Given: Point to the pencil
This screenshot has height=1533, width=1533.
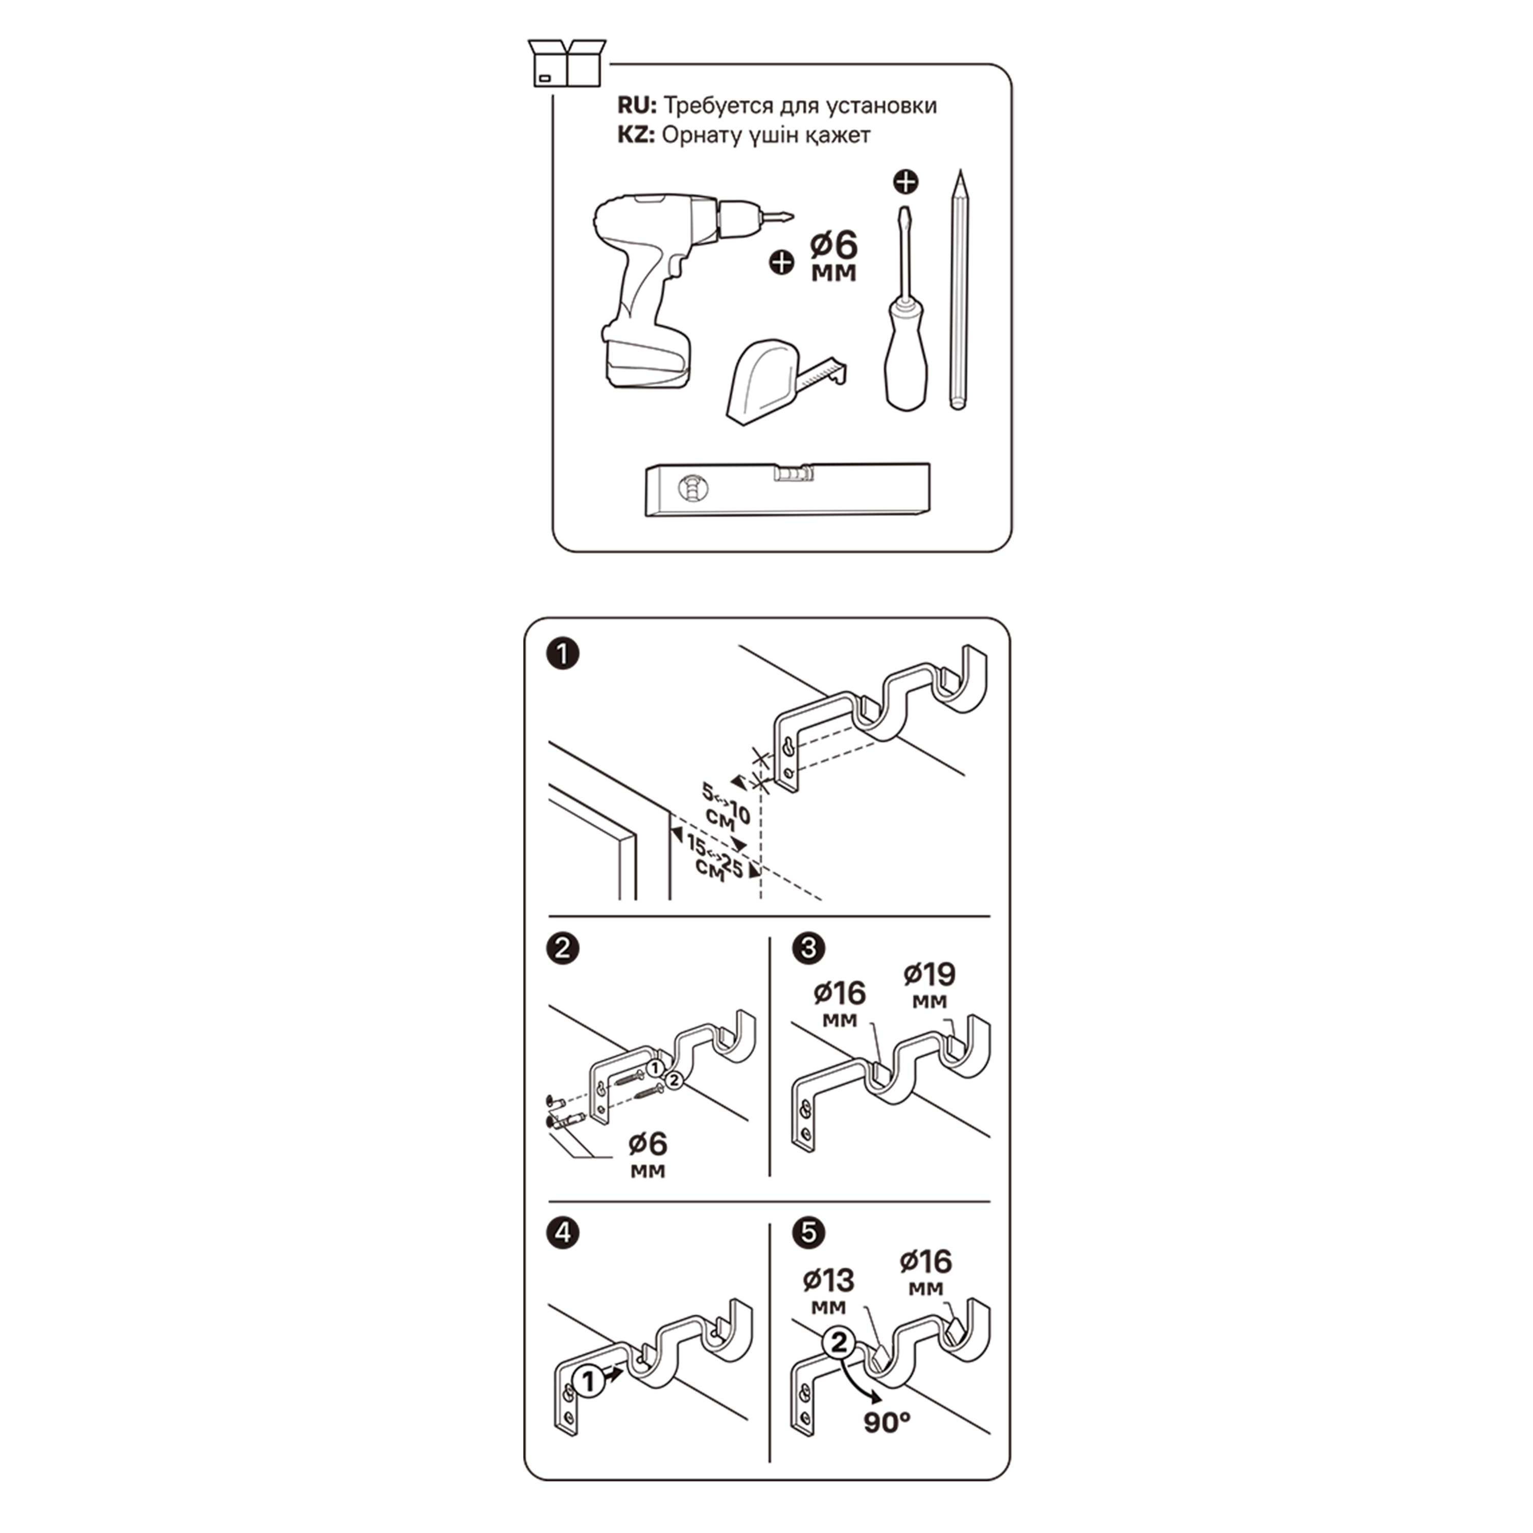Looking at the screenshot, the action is (x=959, y=290).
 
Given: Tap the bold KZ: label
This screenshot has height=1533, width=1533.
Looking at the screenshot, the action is (x=636, y=135).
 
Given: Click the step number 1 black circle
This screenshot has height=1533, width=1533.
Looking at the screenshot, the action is (x=563, y=655).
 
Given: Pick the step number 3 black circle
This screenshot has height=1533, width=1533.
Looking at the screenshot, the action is (x=808, y=948).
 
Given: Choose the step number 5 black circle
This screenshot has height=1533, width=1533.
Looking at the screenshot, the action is (x=808, y=1232).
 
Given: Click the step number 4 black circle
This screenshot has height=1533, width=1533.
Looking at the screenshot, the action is (x=563, y=1232).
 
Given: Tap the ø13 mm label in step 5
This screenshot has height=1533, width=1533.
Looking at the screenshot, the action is (x=828, y=1292).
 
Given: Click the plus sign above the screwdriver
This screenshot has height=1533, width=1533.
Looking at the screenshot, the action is (x=906, y=182).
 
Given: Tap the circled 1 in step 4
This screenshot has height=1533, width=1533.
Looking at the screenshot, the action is (x=589, y=1381).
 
